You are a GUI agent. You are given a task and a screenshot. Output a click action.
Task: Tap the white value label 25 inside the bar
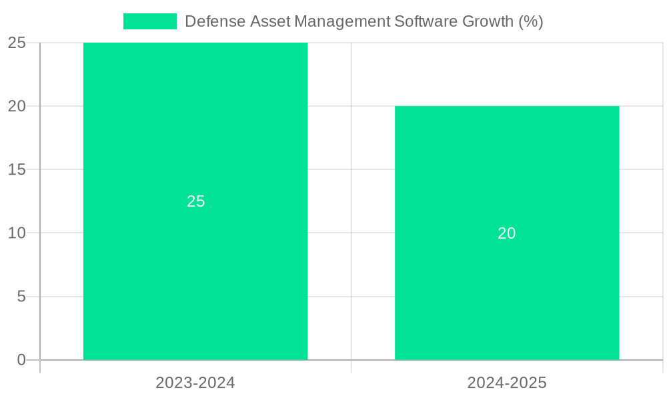(195, 201)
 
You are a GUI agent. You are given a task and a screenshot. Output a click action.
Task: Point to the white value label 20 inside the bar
(507, 233)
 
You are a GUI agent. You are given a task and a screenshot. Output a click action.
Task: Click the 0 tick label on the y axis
(21, 360)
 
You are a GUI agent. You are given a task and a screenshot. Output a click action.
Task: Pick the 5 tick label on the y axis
(21, 297)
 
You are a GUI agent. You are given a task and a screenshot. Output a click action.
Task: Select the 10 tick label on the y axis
(17, 233)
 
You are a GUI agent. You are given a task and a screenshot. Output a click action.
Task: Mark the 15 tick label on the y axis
(17, 170)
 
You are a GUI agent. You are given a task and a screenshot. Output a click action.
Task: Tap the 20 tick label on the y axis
(17, 106)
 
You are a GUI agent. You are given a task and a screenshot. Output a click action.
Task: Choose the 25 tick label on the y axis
(17, 43)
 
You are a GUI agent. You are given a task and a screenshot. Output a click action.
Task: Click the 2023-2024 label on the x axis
(195, 383)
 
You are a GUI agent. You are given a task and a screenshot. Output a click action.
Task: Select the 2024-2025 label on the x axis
(507, 383)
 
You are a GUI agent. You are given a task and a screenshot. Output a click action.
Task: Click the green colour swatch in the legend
(150, 21)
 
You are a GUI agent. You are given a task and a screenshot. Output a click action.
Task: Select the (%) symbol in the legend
(531, 21)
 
